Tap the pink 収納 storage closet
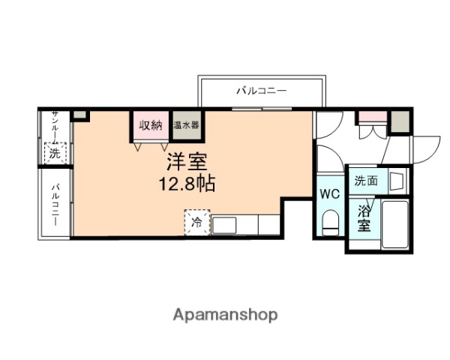point(150,125)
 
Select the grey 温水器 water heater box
point(185,125)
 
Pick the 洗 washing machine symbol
point(55,153)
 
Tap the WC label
point(330,193)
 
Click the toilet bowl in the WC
point(330,221)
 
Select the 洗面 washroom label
point(366,181)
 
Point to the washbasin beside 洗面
point(396,181)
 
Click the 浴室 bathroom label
point(364,217)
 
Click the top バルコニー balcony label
point(262,91)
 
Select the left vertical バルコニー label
point(55,201)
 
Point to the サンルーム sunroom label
point(55,126)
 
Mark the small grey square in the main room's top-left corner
point(79,116)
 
